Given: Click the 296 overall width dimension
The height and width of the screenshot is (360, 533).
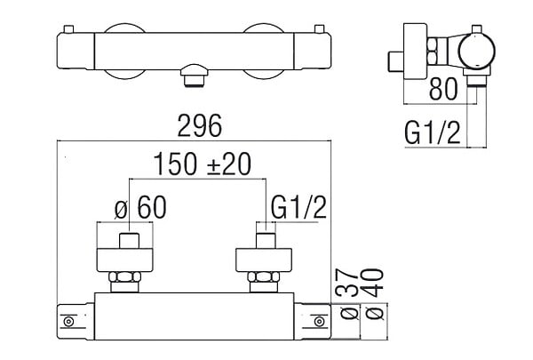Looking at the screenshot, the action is tap(200, 126).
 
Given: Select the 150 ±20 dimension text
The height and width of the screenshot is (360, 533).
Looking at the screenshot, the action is tap(203, 164).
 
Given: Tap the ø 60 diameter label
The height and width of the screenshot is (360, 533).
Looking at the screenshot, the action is tap(140, 208).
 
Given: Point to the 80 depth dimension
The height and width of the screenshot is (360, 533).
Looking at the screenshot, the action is tap(443, 89).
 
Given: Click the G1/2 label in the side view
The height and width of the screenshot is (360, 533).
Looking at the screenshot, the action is tap(433, 132).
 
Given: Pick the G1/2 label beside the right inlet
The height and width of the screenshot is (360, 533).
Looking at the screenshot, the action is tap(298, 207).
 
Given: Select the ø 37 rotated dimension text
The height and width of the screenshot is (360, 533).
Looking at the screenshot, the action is tap(347, 294).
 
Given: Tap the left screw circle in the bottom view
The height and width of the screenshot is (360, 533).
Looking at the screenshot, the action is tap(68, 322).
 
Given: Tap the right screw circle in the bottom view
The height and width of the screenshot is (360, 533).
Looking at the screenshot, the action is tap(319, 322).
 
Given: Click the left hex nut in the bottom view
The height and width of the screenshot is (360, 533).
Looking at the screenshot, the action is tap(124, 276).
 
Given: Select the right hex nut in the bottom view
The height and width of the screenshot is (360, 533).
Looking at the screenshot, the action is tap(264, 276).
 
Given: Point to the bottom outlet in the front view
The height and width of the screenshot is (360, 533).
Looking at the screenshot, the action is tap(194, 76).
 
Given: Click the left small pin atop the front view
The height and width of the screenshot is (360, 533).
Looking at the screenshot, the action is tap(69, 29).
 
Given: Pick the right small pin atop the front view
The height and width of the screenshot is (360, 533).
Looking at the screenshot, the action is tap(320, 29).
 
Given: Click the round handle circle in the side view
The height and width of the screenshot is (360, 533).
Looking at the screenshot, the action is tap(476, 51).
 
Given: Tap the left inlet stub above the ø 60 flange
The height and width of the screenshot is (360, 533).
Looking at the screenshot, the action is tap(129, 241).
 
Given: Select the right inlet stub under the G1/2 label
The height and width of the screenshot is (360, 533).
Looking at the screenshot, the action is tap(266, 241).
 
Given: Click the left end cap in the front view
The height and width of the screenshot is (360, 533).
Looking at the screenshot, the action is tap(76, 51).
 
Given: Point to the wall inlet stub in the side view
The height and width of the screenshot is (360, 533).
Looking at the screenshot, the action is tap(395, 62).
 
